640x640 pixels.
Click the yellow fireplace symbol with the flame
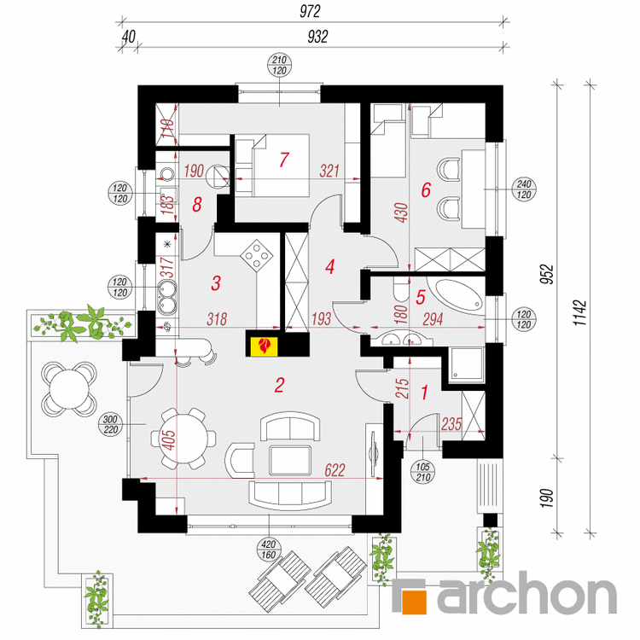(x=263, y=346)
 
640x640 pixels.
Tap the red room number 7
(x=284, y=160)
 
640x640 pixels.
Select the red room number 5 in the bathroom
(x=421, y=297)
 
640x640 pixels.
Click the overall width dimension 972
(x=310, y=11)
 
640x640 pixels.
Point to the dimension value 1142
(x=579, y=312)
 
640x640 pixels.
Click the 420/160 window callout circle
(x=269, y=550)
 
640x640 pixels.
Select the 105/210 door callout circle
(x=423, y=473)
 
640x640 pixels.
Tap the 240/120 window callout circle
(x=524, y=189)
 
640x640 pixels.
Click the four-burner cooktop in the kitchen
(x=257, y=255)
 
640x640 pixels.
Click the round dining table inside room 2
(x=183, y=439)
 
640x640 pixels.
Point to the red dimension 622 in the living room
(x=335, y=470)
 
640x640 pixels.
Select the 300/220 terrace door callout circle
(x=111, y=424)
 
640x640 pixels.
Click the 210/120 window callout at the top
(x=279, y=66)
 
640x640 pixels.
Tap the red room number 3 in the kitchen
(x=216, y=282)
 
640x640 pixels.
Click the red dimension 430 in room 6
(x=402, y=212)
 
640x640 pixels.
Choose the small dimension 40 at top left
(x=129, y=37)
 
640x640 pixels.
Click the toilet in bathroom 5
(x=401, y=290)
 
